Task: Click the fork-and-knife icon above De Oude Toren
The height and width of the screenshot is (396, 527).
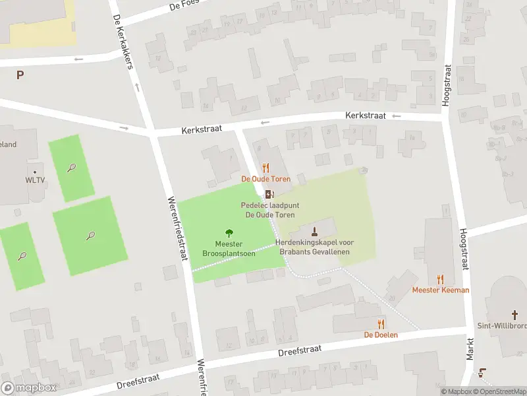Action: point(265,168)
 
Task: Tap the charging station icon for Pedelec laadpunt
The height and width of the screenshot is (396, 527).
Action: point(269,194)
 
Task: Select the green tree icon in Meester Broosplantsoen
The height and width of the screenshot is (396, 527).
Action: point(229,232)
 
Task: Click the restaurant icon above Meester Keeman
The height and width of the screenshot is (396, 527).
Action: point(441,279)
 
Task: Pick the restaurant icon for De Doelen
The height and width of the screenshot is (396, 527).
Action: point(381,323)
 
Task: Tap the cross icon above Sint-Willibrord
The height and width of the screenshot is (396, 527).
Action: point(516,315)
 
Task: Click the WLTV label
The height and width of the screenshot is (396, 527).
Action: point(35,180)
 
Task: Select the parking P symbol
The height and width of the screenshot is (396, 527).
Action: point(20,75)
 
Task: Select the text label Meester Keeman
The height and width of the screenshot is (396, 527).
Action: point(441,290)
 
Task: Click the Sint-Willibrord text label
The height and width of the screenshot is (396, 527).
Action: point(501,326)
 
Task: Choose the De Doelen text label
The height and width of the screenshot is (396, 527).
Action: point(381,335)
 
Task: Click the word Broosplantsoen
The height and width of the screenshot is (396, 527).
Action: point(229,253)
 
